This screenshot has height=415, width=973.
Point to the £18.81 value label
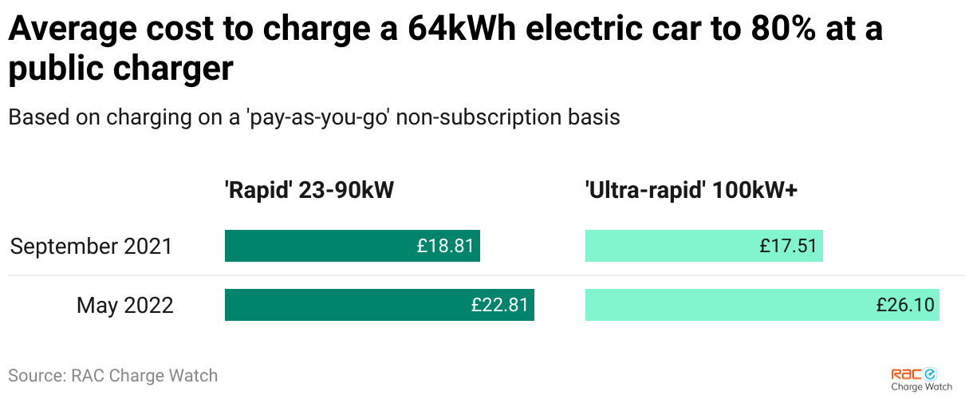coord(445,246)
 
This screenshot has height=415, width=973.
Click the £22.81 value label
coord(499,305)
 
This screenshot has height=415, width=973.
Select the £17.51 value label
coord(789,246)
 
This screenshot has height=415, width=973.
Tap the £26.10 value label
coord(905,305)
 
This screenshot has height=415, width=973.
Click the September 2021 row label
coord(91,246)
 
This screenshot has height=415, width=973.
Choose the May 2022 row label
coord(125,305)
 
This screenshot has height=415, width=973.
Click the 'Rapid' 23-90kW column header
coord(309,191)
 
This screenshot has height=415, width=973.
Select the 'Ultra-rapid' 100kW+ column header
coord(691,191)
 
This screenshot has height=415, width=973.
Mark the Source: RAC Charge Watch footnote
coord(112,375)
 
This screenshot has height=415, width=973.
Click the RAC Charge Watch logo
coord(921,379)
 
